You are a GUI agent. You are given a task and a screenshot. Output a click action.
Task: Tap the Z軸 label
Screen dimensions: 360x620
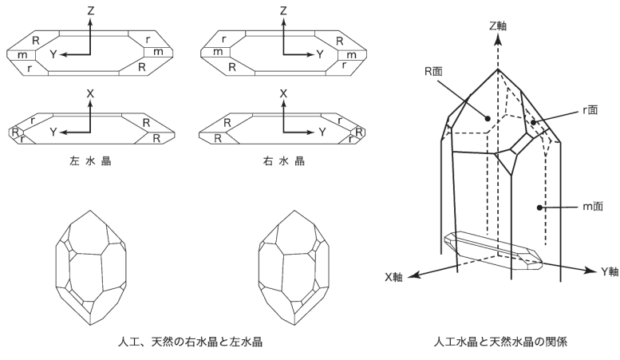[499, 25]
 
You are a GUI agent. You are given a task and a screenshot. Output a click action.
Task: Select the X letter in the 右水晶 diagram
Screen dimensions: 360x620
[283, 93]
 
